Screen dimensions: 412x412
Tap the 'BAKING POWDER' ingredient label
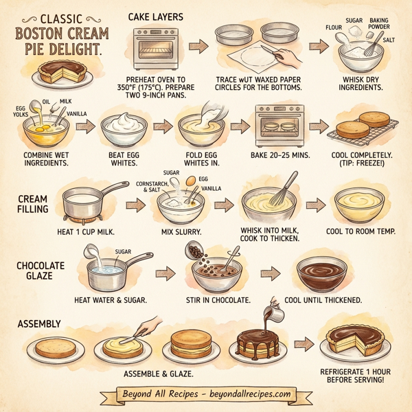pyautogui.click(x=379, y=24)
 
